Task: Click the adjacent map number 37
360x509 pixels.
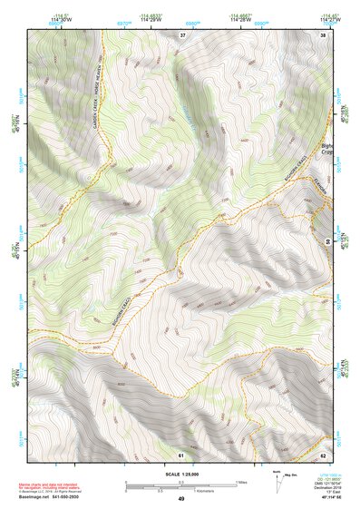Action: [x=182, y=34]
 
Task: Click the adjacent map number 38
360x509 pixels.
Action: [x=323, y=34]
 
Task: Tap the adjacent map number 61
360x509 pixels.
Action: [x=181, y=454]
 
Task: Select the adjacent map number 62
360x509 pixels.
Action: [x=323, y=454]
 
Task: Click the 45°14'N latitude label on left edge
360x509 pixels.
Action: [x=15, y=374]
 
